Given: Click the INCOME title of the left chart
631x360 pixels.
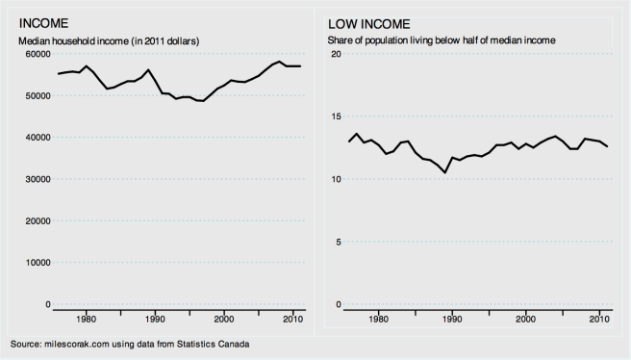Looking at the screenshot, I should [x=39, y=22].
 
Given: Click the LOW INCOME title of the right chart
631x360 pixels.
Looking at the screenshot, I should [x=369, y=22].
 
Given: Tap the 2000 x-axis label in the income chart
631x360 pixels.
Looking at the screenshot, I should [x=224, y=320].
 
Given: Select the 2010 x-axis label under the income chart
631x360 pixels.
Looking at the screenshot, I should [x=293, y=320].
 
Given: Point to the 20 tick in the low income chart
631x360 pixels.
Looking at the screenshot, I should [x=337, y=54].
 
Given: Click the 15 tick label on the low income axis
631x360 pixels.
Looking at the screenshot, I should [x=337, y=116].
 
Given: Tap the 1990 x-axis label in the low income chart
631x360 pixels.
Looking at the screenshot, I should [x=451, y=320].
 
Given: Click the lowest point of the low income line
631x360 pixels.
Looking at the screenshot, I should [x=444, y=172].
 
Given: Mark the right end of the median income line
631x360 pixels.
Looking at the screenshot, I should [x=300, y=65].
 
